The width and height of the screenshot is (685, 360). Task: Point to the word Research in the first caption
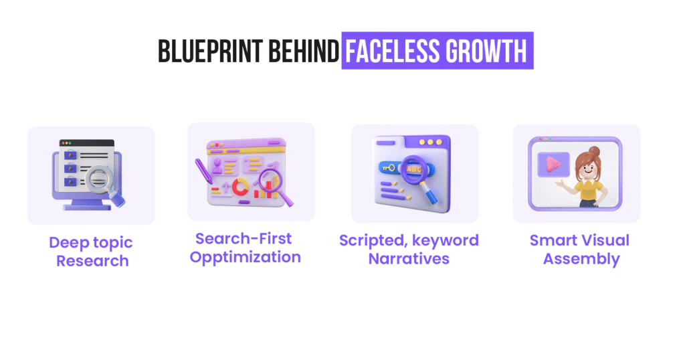(x=92, y=260)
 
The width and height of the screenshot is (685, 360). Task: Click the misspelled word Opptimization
(x=246, y=257)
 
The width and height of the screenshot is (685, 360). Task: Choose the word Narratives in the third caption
(x=409, y=258)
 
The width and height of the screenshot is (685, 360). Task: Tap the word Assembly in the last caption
(x=581, y=258)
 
